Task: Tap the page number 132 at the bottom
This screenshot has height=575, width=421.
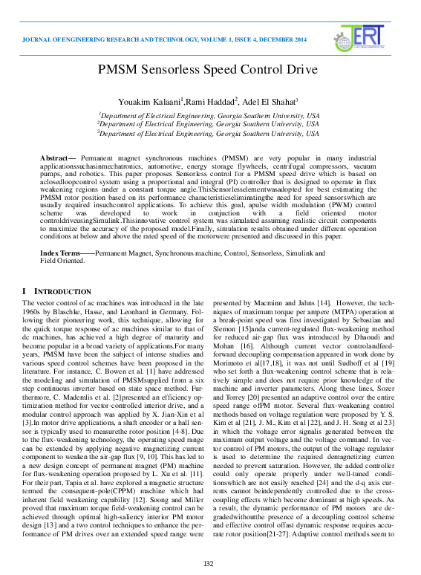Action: [x=209, y=564]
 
